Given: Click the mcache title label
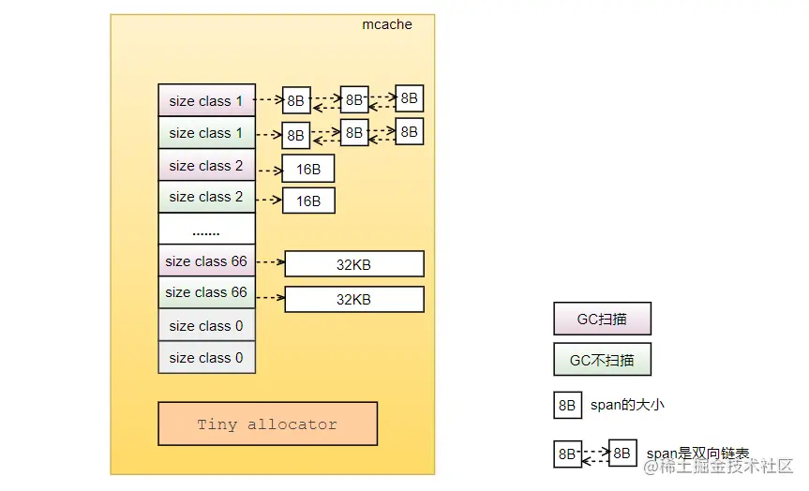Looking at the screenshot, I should (386, 25).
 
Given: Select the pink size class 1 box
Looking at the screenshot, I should (206, 101).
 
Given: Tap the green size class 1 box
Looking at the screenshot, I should (206, 133).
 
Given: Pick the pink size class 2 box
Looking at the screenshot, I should (206, 166).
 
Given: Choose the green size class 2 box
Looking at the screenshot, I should (206, 197).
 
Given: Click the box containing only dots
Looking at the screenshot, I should (206, 229).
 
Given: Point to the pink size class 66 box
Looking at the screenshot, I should (206, 261).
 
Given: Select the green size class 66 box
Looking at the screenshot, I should (206, 292).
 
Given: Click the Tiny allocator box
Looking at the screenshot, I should (267, 424).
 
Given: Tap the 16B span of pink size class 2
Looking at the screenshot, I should (308, 170).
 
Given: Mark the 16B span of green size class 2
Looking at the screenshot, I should (308, 201).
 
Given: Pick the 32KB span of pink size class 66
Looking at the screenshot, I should (353, 264).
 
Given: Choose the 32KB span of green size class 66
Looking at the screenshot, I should (353, 300).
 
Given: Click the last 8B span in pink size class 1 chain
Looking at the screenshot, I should (409, 97).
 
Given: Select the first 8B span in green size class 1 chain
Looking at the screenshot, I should (296, 136).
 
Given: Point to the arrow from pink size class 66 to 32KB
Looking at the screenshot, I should (269, 262).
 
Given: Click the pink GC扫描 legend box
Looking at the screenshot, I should (602, 319).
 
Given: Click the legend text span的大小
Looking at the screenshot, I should (627, 406).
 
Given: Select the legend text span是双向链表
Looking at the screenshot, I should (697, 454).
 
